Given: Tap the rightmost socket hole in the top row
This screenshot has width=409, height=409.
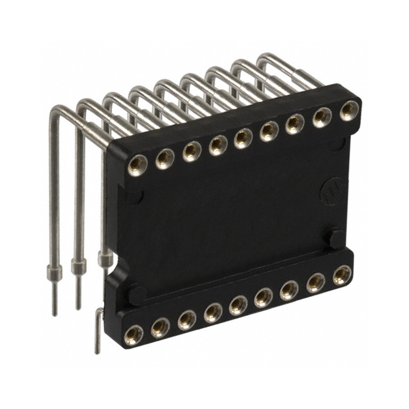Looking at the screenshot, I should tap(349, 110).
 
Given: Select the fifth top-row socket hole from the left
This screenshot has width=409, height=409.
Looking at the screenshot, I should tap(242, 138).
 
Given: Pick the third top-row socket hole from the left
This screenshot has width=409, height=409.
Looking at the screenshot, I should tap(191, 151).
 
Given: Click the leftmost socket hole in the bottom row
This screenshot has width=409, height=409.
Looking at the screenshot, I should tap(134, 335).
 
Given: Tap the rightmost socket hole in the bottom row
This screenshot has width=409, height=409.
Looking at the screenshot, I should tap(342, 275).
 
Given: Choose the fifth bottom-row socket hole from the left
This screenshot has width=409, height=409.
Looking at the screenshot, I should tap(238, 305).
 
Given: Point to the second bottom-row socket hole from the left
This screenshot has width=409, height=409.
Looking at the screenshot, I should tap(160, 327).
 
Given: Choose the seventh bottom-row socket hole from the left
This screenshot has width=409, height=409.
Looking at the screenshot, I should tap(289, 290).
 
